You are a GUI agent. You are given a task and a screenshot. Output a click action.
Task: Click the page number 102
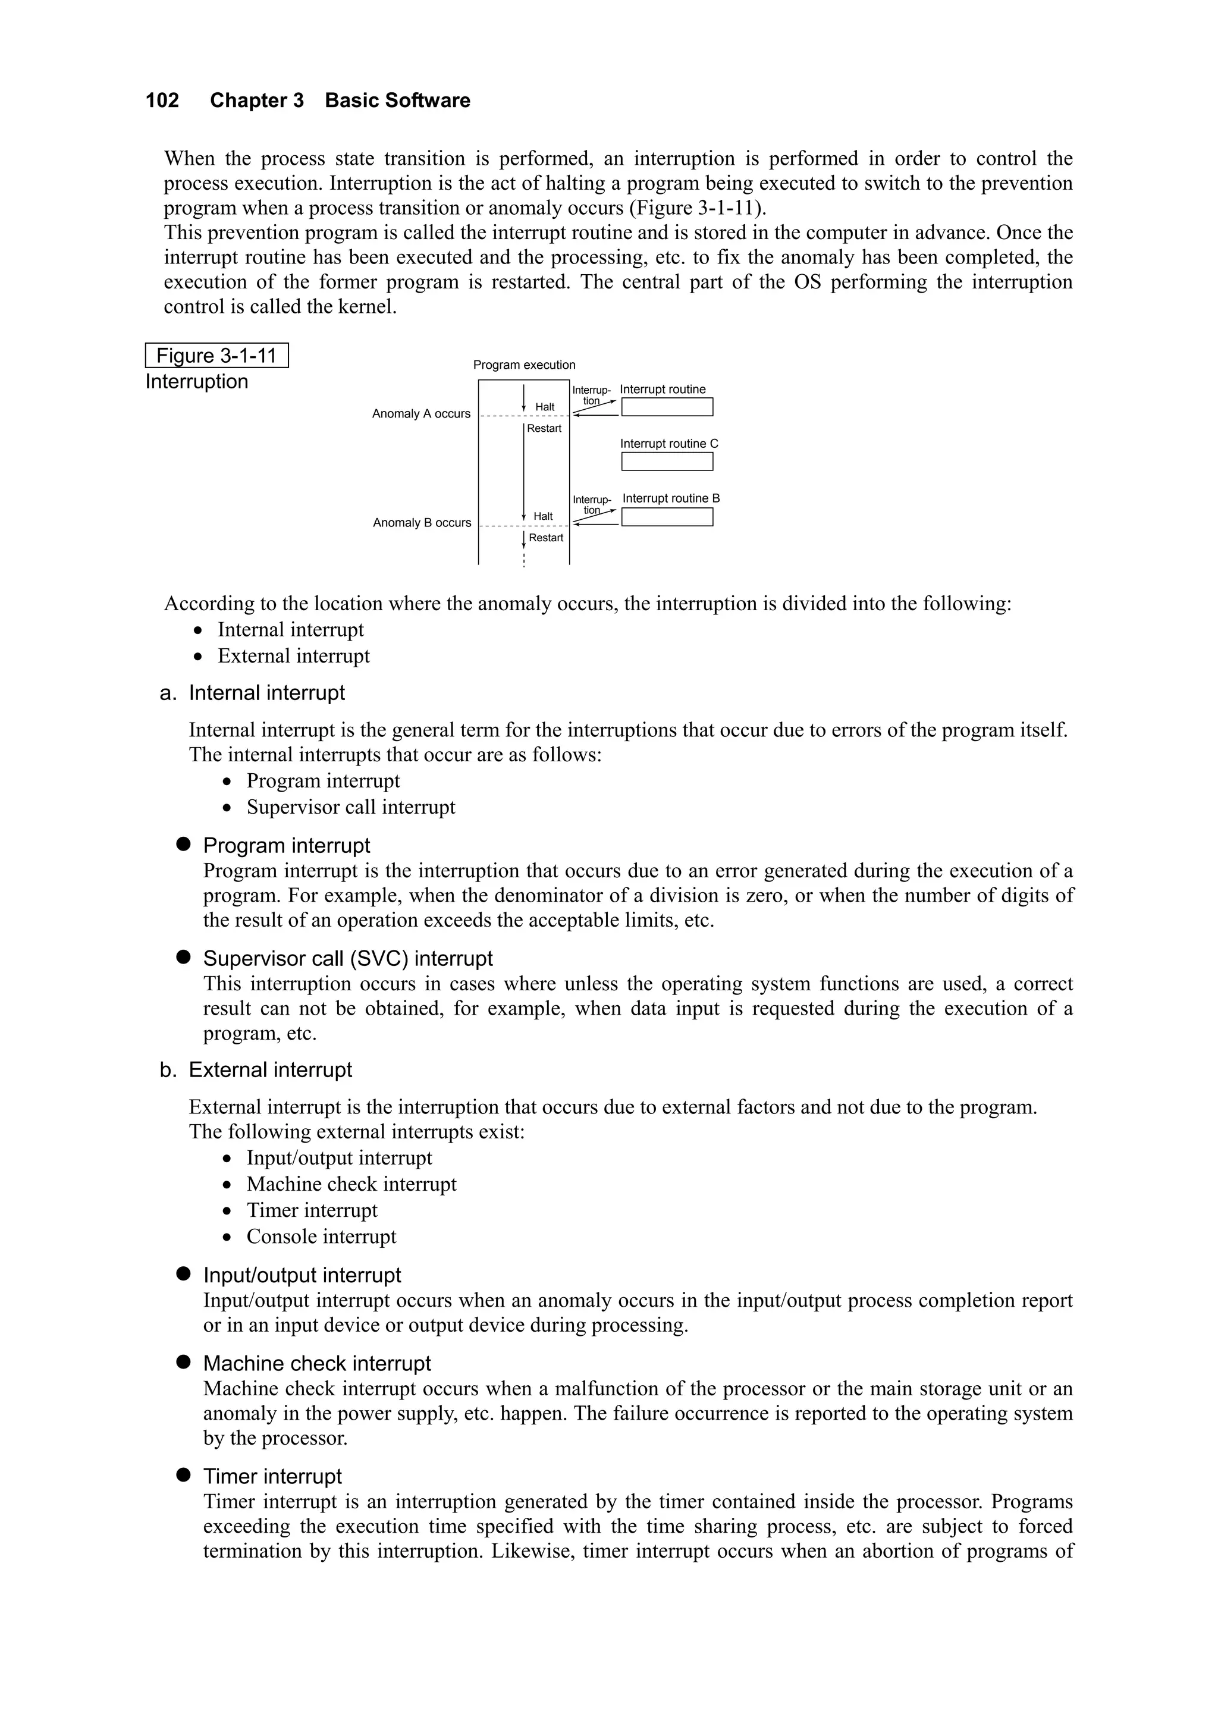pyautogui.click(x=162, y=101)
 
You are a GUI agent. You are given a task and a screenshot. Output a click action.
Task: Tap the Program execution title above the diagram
pyautogui.click(x=524, y=365)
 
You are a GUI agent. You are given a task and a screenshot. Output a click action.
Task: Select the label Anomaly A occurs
pyautogui.click(x=421, y=413)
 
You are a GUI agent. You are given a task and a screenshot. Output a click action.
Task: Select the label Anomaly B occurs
pyautogui.click(x=422, y=523)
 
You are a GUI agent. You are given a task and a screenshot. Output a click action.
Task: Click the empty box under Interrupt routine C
pyautogui.click(x=667, y=462)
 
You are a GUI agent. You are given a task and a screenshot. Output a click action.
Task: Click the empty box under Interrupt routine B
pyautogui.click(x=667, y=517)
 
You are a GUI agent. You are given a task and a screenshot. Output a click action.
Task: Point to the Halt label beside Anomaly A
pyautogui.click(x=545, y=407)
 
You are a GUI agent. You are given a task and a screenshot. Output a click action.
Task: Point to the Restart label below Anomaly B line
pyautogui.click(x=545, y=538)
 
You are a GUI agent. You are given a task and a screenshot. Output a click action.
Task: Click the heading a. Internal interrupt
pyautogui.click(x=252, y=693)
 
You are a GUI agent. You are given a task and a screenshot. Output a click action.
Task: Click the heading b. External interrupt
pyautogui.click(x=256, y=1070)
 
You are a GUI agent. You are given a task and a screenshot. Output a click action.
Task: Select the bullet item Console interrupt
pyautogui.click(x=321, y=1236)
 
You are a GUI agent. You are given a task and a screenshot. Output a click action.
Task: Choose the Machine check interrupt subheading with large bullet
pyautogui.click(x=317, y=1364)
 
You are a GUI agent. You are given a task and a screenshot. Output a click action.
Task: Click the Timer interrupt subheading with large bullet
pyautogui.click(x=272, y=1477)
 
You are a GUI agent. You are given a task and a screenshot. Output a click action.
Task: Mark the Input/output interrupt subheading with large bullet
pyautogui.click(x=302, y=1275)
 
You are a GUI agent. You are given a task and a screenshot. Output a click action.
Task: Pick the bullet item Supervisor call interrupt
pyautogui.click(x=350, y=808)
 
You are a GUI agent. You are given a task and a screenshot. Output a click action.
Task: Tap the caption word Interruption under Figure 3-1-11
pyautogui.click(x=197, y=382)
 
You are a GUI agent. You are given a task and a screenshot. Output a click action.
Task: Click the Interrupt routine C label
pyautogui.click(x=668, y=444)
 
